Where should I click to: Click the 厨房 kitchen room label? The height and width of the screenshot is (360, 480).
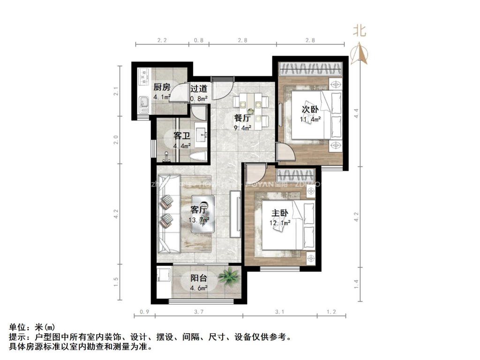tap(161, 87)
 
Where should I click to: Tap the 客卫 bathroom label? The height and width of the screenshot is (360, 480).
tap(181, 136)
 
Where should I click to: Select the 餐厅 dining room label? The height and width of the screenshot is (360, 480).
tap(242, 118)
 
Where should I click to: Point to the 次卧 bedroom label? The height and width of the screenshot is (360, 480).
tap(309, 109)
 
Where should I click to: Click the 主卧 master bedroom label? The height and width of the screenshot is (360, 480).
tap(280, 213)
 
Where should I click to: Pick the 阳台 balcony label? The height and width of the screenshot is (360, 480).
tap(199, 278)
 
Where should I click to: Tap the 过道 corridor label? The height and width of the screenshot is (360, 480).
tap(198, 88)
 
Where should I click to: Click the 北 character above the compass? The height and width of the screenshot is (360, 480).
tap(360, 31)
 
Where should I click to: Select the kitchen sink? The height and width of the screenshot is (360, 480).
tap(143, 101)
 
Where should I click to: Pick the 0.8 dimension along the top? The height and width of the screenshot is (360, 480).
tap(199, 41)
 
